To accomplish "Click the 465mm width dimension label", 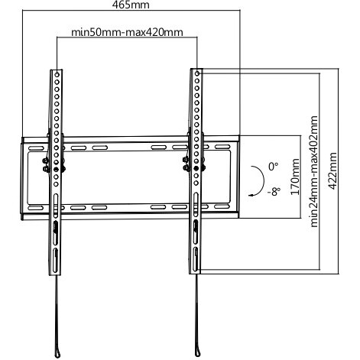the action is pos(131,5).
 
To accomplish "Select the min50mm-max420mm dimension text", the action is pos(127,32).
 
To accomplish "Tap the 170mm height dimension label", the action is pos(295,177).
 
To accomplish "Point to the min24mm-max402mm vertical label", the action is pos(314,171).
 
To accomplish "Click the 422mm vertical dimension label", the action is pos(332,171).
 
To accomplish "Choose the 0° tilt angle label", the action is pos(273,167).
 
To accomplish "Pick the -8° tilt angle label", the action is pos(274,191).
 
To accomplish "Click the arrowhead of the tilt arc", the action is pos(251,195).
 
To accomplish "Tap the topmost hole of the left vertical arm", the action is pos(57,75).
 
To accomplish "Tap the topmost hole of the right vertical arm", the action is pos(197,73).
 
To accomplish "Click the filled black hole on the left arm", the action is pos(57,169).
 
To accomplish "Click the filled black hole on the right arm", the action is pos(196,168).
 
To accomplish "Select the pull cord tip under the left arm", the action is pos(57,354).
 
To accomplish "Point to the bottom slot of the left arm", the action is pos(55,261).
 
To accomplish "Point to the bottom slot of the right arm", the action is pos(196,259).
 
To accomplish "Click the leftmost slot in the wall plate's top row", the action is pos(36,148).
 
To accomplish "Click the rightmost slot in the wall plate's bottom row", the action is pos(222,206).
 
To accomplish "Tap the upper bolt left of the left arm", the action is pos(45,161).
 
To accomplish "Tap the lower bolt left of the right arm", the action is pos(186,167).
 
